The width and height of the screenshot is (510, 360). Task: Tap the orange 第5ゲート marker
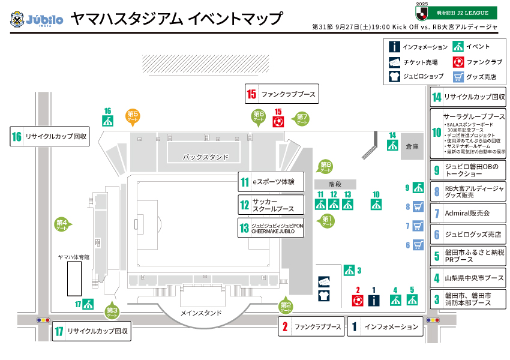133,116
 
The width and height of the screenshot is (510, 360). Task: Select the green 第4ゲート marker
62,225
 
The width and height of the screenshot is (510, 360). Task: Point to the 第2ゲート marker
286,306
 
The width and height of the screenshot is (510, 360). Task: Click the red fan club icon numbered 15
278,121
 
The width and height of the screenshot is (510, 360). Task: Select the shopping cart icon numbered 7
419,226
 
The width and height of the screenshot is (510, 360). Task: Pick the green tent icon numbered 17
88,304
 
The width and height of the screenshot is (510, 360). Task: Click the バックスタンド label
206,157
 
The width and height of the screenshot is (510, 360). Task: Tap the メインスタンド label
201,313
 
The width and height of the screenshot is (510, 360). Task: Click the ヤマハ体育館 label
74,256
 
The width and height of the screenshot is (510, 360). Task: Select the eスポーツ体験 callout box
271,182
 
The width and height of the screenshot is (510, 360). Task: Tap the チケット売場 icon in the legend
394,62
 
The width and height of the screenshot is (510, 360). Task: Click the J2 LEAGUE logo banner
457,12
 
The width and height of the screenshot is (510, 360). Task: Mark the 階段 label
335,184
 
